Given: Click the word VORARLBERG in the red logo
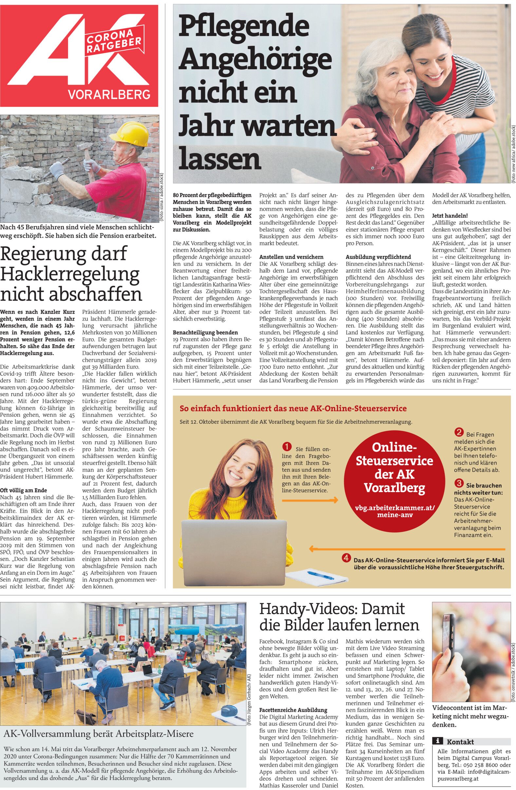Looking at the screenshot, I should click(x=109, y=94).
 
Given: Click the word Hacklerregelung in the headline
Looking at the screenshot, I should click(x=70, y=274).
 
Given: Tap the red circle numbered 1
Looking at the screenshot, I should click(x=286, y=447).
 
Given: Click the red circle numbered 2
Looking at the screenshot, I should click(x=459, y=432).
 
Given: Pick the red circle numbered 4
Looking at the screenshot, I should click(x=346, y=558).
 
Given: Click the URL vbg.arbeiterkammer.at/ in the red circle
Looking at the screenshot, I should click(x=394, y=507).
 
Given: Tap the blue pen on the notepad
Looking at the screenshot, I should click(x=320, y=575).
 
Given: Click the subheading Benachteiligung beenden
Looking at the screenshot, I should click(x=205, y=332).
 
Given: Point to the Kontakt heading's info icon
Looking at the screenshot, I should click(x=438, y=740).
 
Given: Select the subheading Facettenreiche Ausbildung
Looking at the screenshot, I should click(x=293, y=710).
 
